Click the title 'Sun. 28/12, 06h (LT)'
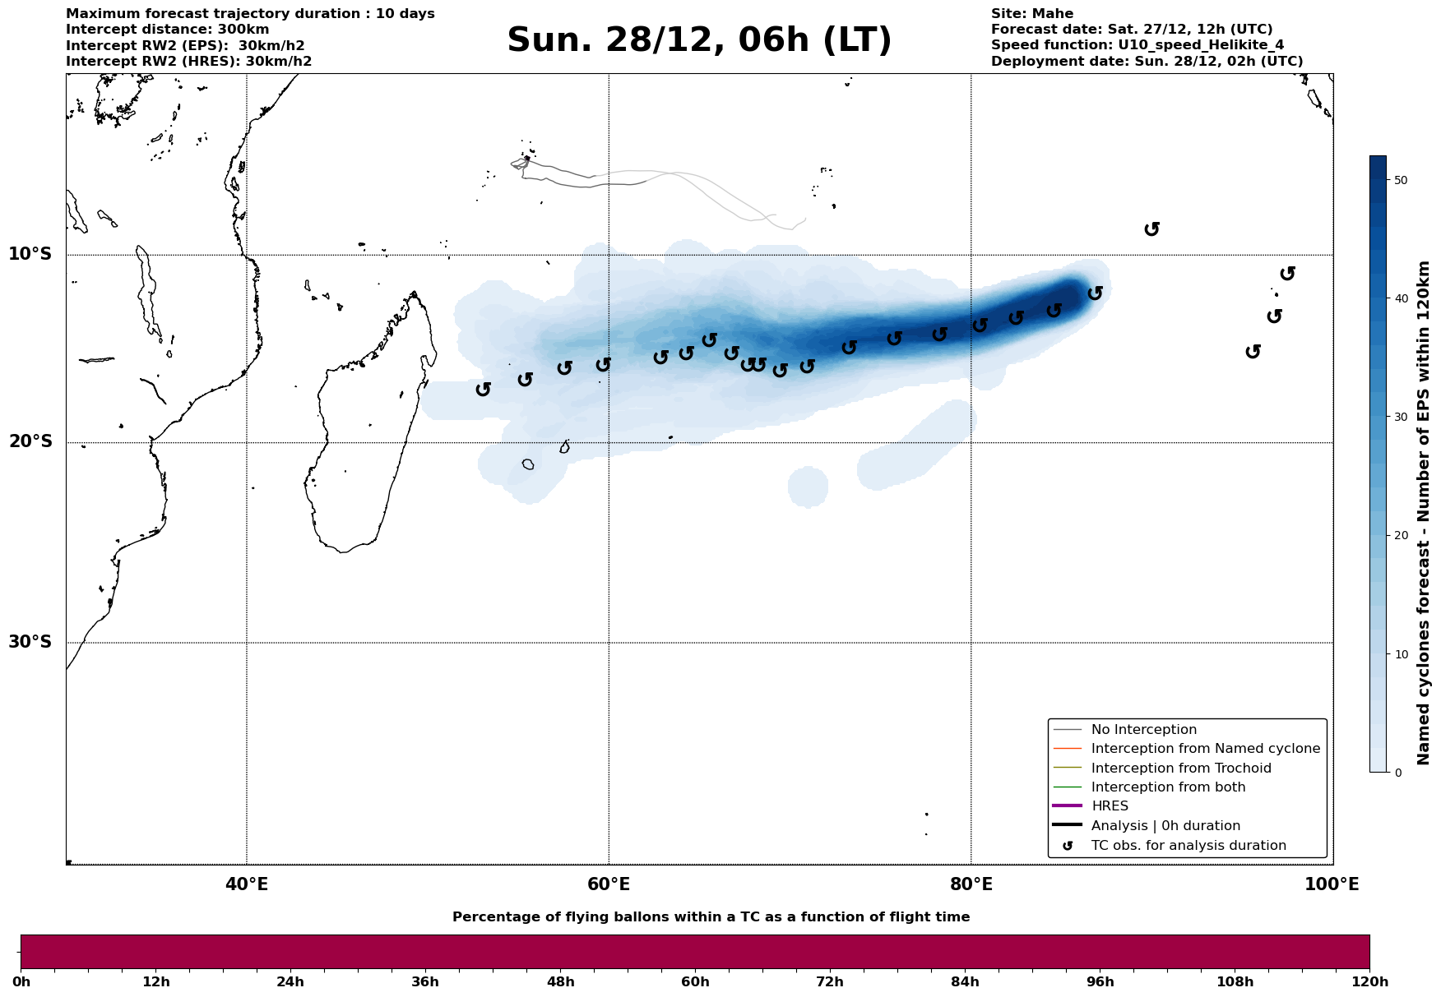[x=699, y=40]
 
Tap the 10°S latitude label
[x=30, y=254]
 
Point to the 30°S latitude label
[x=30, y=642]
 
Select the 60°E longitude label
[x=609, y=884]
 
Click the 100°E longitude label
[x=1332, y=884]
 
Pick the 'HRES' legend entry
[x=1110, y=806]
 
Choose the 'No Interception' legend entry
[x=1143, y=730]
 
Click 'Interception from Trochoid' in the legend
[x=1180, y=769]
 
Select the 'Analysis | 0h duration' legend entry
[x=1165, y=826]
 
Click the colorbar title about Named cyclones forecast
[x=1425, y=513]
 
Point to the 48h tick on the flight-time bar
[x=560, y=982]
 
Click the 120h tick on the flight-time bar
[x=1369, y=982]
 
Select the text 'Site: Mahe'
[x=1031, y=14]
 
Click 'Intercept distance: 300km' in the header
[x=167, y=30]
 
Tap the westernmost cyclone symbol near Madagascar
[x=484, y=389]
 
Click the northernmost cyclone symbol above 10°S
[x=1152, y=228]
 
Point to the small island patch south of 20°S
[x=528, y=464]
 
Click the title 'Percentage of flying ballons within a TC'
[x=711, y=917]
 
